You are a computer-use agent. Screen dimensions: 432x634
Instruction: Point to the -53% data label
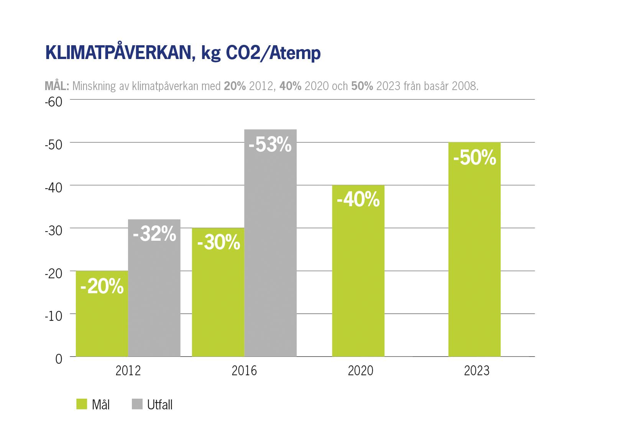coord(270,145)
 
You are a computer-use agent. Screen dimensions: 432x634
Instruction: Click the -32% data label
coord(154,233)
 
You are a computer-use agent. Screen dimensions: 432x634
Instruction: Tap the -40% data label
coord(358,199)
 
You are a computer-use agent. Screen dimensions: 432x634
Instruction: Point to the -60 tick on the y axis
coord(53,102)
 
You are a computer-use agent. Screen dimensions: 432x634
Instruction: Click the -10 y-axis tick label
coord(53,316)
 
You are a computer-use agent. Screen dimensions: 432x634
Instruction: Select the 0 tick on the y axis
coord(59,359)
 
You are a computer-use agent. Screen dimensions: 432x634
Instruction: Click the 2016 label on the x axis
coord(244,371)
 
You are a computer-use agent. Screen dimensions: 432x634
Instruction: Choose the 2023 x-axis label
coord(476,371)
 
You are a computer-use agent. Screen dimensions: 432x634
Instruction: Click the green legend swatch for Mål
coord(82,404)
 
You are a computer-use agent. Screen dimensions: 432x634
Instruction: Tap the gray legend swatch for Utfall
coord(137,404)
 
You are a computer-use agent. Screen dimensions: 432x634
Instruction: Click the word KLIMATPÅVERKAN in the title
coord(118,53)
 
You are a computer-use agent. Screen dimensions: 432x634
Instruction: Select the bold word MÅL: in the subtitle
coord(57,86)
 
